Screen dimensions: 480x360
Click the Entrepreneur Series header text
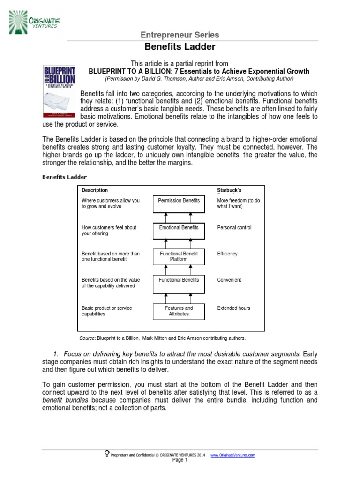[x=180, y=35]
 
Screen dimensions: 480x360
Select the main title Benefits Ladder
[x=180, y=47]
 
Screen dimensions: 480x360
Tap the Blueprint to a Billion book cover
[x=58, y=90]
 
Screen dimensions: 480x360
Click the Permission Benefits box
[x=179, y=203]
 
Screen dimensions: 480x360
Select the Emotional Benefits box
[x=179, y=230]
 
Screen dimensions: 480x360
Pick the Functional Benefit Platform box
[x=179, y=256]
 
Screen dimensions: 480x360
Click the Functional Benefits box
[x=179, y=283]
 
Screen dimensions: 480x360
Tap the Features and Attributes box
[x=179, y=311]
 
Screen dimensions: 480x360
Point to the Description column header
[x=95, y=190]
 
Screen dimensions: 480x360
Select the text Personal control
[x=234, y=227]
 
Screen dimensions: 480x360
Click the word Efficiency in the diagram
[x=227, y=254]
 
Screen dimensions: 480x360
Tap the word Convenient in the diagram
[x=229, y=280]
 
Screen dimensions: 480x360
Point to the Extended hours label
[x=234, y=308]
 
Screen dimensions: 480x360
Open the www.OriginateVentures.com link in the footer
[x=232, y=455]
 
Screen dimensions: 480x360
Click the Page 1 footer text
[x=180, y=460]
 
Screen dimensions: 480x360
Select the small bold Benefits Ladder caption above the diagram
[x=65, y=177]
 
